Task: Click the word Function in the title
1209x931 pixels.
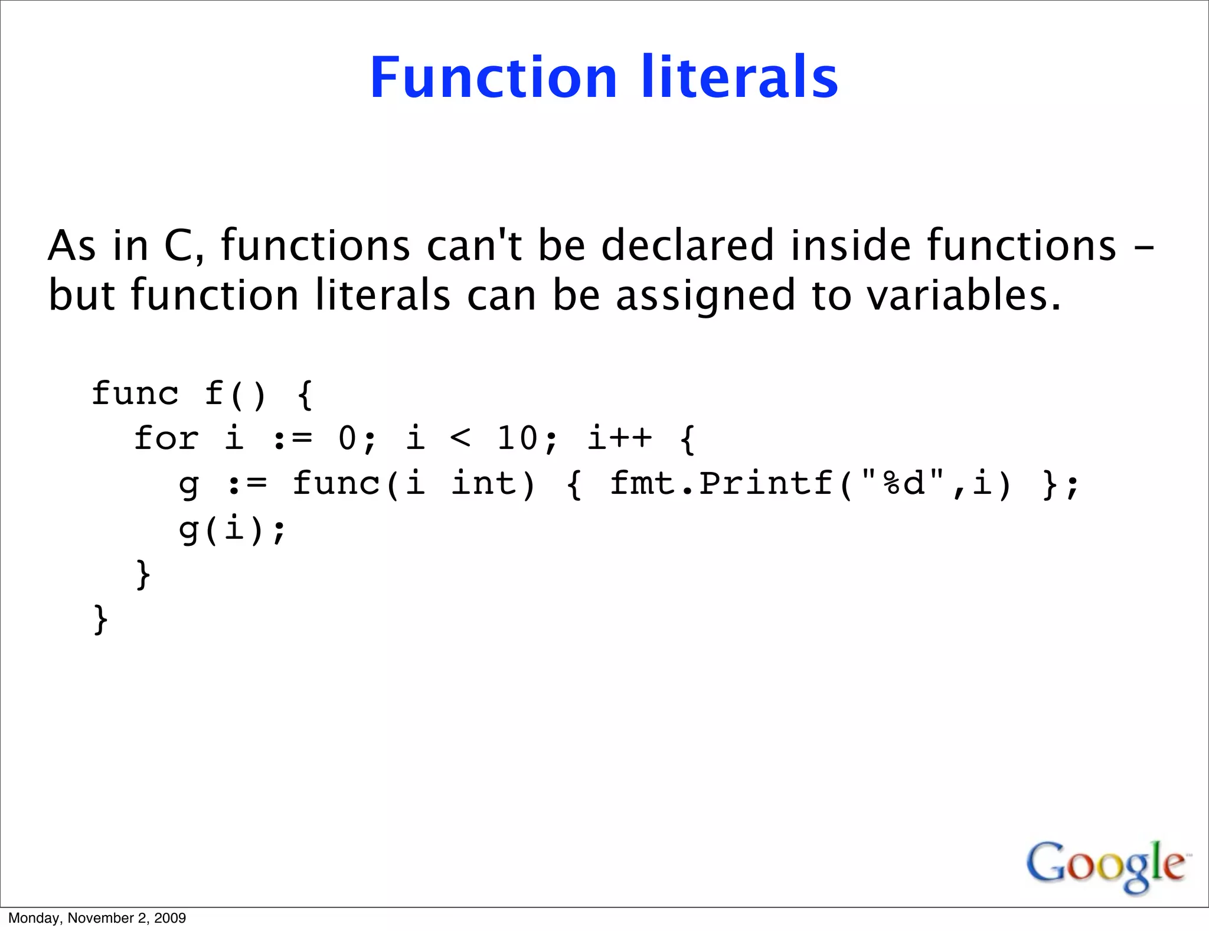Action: point(493,78)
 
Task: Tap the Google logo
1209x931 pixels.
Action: point(1107,865)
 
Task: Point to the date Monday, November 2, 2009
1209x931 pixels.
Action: point(97,918)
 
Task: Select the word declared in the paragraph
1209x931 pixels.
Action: point(687,245)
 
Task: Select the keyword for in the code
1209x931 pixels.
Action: point(166,439)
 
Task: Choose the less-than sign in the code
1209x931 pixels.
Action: point(460,439)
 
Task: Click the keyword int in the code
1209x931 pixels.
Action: point(493,484)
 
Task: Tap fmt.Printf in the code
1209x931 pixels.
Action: point(721,484)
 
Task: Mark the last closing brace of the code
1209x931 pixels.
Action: point(100,619)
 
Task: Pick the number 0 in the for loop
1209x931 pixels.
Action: point(348,439)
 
